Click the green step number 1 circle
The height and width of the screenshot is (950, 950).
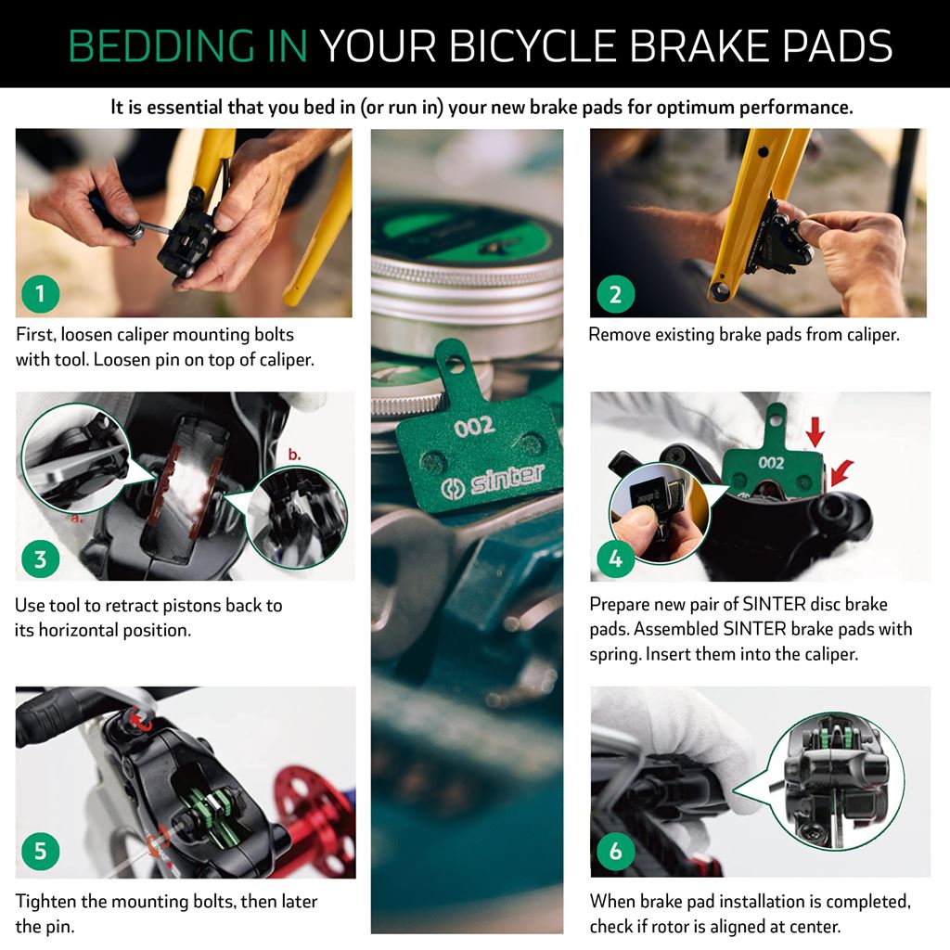click(x=41, y=294)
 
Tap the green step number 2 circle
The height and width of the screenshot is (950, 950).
click(x=616, y=294)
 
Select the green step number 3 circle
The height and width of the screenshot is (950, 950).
click(x=41, y=558)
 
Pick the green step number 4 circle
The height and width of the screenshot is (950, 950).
click(x=616, y=558)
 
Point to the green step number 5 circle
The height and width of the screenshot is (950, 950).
click(x=41, y=851)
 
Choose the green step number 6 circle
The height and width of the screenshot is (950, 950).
click(x=616, y=851)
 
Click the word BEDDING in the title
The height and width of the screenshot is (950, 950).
click(x=161, y=45)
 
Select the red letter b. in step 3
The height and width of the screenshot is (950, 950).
click(x=294, y=455)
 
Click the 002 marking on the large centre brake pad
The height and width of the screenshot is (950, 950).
click(x=474, y=427)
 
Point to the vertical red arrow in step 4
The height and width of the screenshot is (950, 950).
click(x=815, y=431)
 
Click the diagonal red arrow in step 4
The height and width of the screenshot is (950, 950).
click(x=841, y=473)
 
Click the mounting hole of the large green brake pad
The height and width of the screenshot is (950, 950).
click(x=455, y=364)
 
